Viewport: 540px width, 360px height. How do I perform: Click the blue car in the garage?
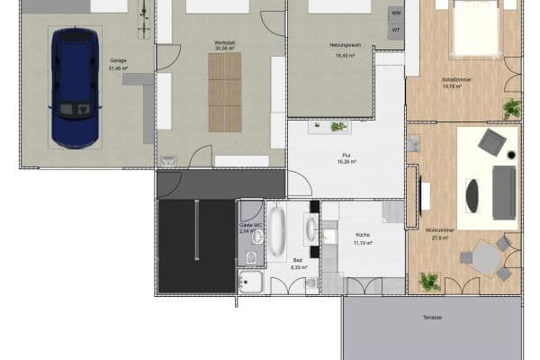click(x=76, y=86)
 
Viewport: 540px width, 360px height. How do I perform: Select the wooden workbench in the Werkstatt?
click(x=225, y=92)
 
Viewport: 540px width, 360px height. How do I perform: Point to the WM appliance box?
click(x=396, y=13)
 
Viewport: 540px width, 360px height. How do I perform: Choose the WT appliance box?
click(x=396, y=31)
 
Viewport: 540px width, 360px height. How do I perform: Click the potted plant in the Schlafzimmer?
click(x=511, y=109)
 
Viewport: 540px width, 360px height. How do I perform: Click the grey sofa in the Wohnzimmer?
click(x=504, y=192)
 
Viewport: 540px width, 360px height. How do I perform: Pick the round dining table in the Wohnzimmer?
click(x=487, y=258)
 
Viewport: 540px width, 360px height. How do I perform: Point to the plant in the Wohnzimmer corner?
click(x=430, y=282)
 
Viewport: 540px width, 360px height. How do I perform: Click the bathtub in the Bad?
click(x=276, y=231)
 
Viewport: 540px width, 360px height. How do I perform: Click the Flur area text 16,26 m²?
click(x=347, y=162)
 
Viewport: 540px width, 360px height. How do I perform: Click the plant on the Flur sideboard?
click(x=338, y=127)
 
